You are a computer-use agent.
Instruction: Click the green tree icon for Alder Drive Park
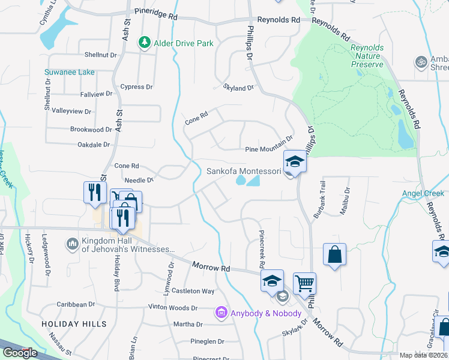coord(144,43)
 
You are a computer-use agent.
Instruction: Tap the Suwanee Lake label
coord(70,72)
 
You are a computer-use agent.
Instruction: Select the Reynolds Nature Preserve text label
coord(367,56)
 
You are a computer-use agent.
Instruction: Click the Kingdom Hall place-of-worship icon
coord(72,244)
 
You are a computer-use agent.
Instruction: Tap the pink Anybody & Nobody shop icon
coord(221,313)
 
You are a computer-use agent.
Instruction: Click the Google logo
coord(19,353)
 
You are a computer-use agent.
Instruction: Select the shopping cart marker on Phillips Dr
coord(304,283)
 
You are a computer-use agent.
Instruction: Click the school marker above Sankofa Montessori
coord(295,161)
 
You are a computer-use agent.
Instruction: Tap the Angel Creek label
coord(423,193)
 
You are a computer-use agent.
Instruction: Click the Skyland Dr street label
coord(238,88)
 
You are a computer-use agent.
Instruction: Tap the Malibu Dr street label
coord(347,198)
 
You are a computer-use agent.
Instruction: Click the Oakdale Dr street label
coord(94,145)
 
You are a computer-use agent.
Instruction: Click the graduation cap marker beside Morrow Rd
coord(271,280)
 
